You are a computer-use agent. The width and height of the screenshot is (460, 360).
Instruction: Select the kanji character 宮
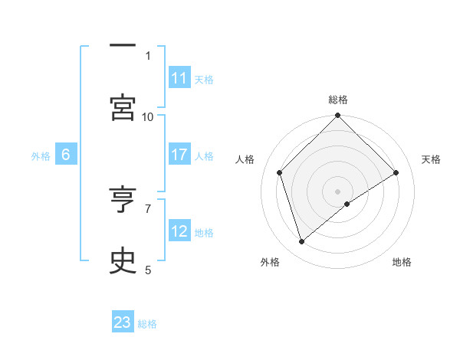point(122,108)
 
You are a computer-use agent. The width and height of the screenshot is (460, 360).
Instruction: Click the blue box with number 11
point(179,78)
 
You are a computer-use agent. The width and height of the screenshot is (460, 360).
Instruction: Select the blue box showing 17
point(179,155)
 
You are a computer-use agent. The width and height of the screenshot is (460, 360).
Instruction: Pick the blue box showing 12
point(179,231)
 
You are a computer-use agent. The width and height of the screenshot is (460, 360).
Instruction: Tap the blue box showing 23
point(123,322)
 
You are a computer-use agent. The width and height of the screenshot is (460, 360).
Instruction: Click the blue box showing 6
point(66,155)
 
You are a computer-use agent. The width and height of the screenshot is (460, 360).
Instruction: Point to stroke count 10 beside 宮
point(148,116)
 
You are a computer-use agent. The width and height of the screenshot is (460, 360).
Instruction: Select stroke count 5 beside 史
point(148,270)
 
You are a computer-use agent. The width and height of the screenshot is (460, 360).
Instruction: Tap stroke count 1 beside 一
point(148,55)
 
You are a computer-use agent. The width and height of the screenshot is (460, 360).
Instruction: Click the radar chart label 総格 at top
point(338,100)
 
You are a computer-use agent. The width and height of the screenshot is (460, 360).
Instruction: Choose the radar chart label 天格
point(431,159)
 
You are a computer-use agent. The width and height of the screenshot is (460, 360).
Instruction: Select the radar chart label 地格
point(402,262)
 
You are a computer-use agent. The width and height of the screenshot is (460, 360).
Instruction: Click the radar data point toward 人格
point(280,172)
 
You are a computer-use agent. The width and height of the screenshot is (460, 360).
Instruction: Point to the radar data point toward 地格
point(347,204)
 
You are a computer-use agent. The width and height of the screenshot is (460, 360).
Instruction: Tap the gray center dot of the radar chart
point(338,191)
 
